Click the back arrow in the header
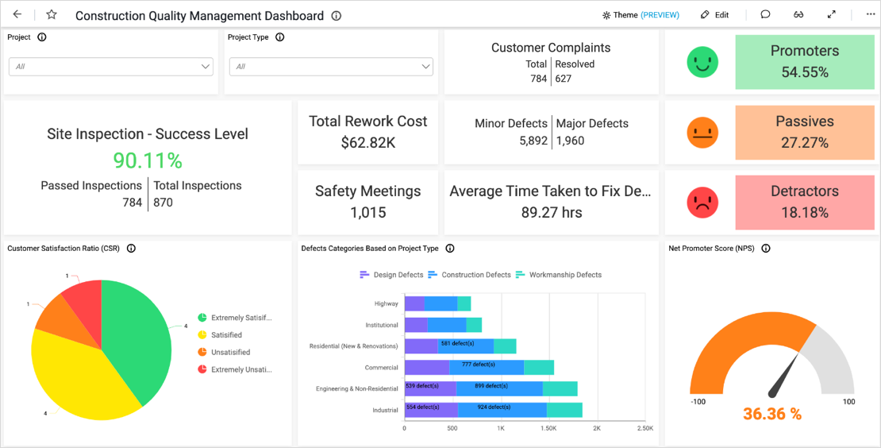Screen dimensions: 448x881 [17, 15]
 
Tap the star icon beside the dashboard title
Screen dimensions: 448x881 [52, 15]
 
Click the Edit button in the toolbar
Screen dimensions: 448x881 [714, 15]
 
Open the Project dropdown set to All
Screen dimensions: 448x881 [110, 67]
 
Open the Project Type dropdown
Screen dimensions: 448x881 [331, 67]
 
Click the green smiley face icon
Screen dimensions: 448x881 [702, 62]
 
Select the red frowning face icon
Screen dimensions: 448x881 [702, 203]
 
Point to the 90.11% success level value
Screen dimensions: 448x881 [148, 160]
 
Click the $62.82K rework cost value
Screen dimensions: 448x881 [367, 142]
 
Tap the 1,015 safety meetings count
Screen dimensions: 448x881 [367, 212]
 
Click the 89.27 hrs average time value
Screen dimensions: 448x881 [551, 212]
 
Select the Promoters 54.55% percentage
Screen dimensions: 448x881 [804, 72]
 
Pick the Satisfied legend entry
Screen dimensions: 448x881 [226, 335]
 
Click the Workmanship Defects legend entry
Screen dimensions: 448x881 [564, 275]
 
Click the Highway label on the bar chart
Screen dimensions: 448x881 [387, 303]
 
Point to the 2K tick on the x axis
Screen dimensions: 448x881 [597, 428]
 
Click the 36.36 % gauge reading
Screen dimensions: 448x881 [771, 414]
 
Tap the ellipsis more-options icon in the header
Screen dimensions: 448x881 [870, 15]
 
